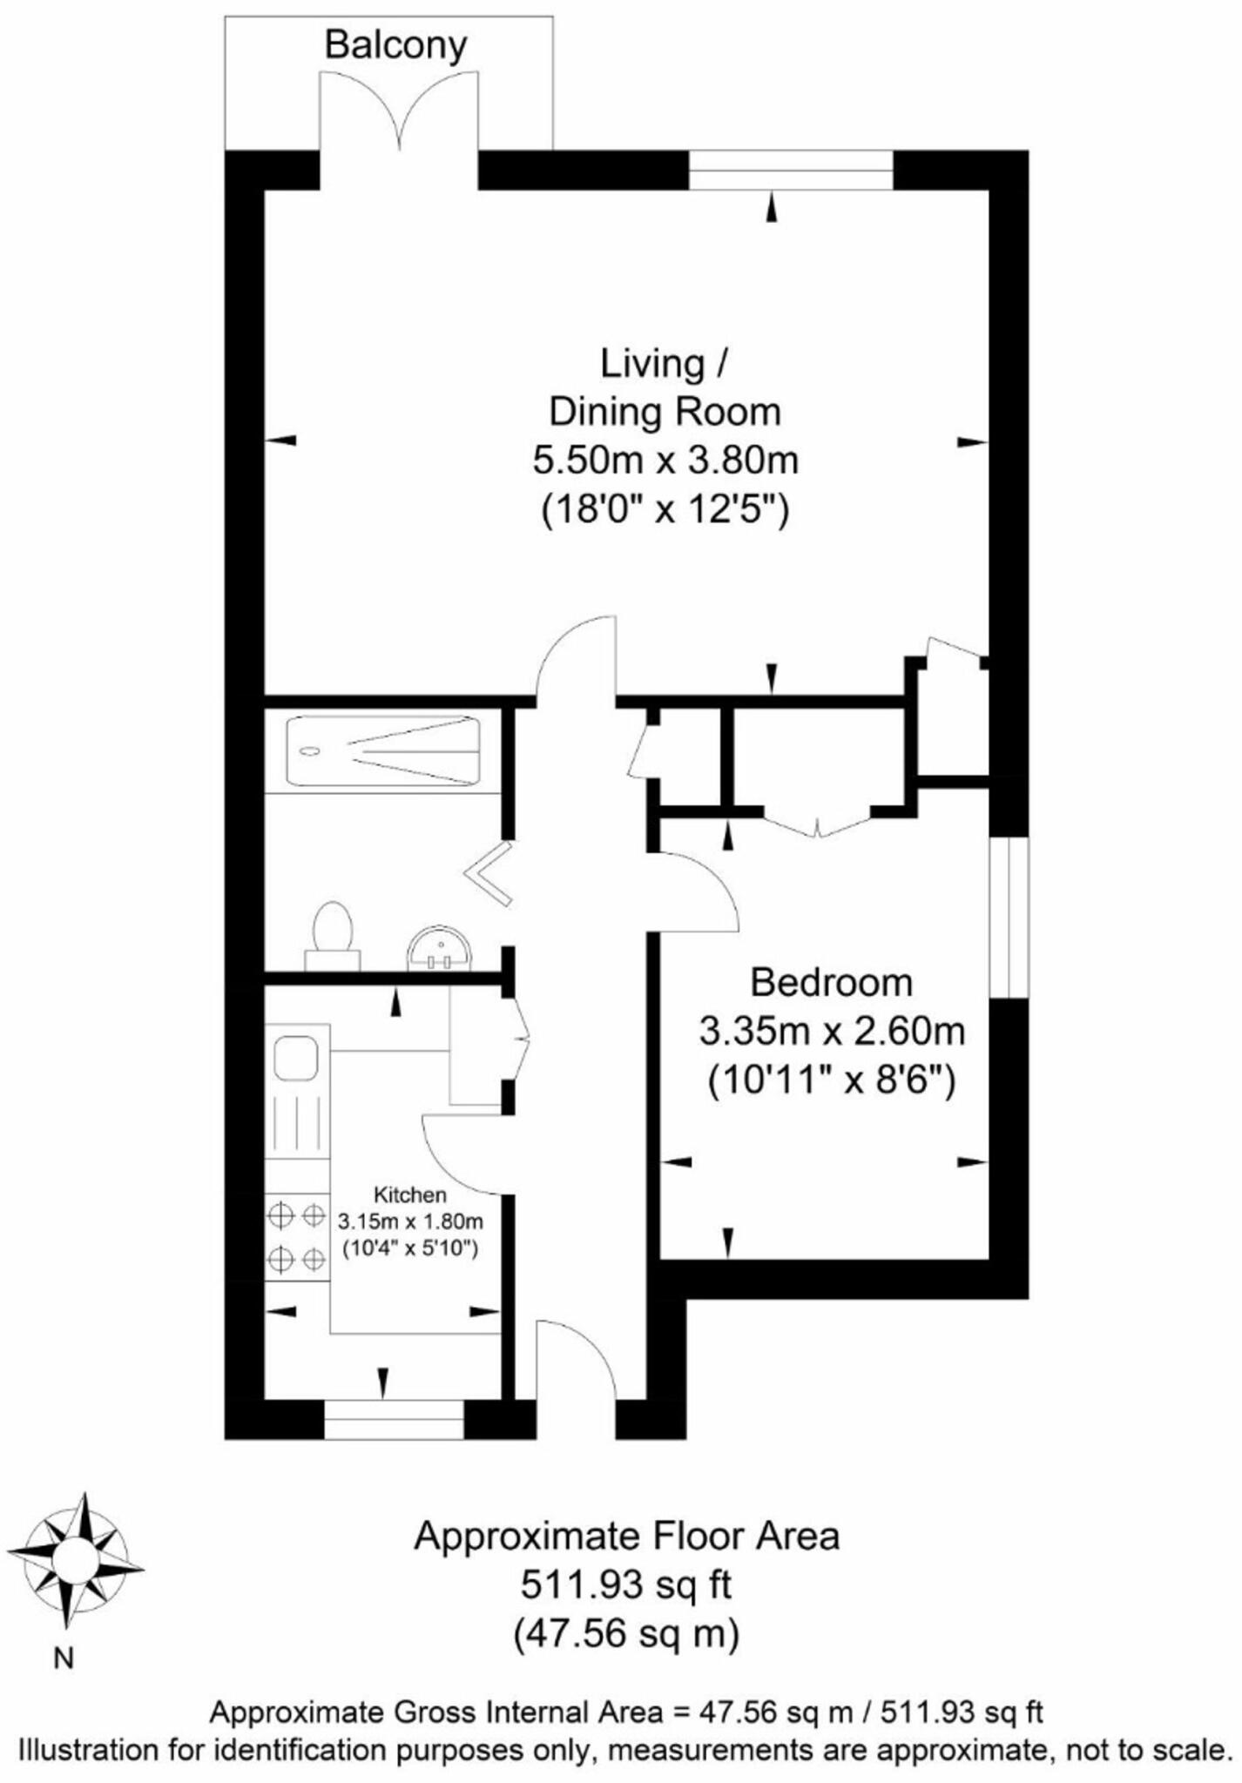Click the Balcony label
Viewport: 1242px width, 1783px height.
395,45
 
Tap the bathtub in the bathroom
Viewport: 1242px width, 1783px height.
383,750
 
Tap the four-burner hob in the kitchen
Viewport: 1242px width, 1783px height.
297,1237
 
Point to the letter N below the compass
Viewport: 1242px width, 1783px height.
64,1659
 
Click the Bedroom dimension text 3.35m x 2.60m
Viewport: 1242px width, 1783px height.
832,1033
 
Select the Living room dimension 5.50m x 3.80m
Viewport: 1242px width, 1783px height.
665,460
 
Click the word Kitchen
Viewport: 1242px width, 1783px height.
409,1194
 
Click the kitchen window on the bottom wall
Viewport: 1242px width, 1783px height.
394,1420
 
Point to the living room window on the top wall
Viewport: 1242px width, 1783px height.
791,170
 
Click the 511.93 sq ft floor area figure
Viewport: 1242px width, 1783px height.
625,1585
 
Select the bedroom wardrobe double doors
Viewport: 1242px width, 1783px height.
817,823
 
